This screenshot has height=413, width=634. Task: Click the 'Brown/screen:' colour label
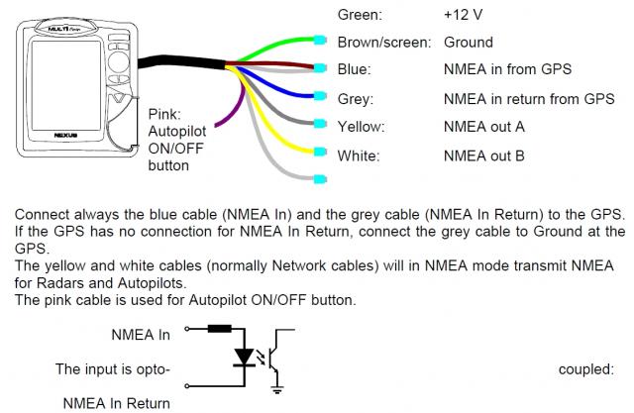click(x=383, y=44)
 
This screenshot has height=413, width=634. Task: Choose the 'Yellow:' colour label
click(x=361, y=127)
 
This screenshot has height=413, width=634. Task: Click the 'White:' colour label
click(x=358, y=155)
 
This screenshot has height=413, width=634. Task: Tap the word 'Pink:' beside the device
click(x=165, y=114)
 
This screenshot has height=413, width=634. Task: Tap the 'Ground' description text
click(x=468, y=44)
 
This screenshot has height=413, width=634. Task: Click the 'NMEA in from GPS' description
click(x=508, y=69)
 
